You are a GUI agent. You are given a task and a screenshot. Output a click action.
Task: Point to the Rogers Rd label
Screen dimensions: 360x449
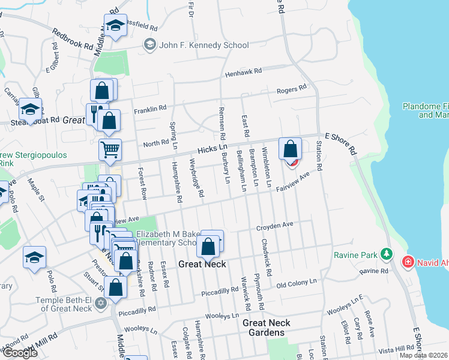pyautogui.click(x=291, y=90)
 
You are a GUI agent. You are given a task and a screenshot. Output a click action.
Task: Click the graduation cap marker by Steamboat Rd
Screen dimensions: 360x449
pyautogui.click(x=30, y=109)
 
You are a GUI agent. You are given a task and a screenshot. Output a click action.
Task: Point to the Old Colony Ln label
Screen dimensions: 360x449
pyautogui.click(x=297, y=282)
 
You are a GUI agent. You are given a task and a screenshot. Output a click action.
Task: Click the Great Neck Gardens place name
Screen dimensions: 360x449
pyautogui.click(x=267, y=327)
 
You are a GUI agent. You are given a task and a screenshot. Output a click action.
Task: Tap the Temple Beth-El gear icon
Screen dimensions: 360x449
pyautogui.click(x=101, y=302)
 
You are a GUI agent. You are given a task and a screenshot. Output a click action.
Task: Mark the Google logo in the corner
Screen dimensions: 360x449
pyautogui.click(x=20, y=352)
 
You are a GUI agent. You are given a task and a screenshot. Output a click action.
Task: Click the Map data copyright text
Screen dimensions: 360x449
pyautogui.click(x=422, y=355)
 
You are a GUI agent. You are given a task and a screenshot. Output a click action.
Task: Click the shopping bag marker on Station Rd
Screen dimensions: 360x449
pyautogui.click(x=290, y=149)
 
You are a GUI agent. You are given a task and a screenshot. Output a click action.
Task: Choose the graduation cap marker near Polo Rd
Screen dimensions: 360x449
pyautogui.click(x=35, y=257)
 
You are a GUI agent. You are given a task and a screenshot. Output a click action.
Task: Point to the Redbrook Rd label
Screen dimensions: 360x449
pyautogui.click(x=73, y=40)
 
